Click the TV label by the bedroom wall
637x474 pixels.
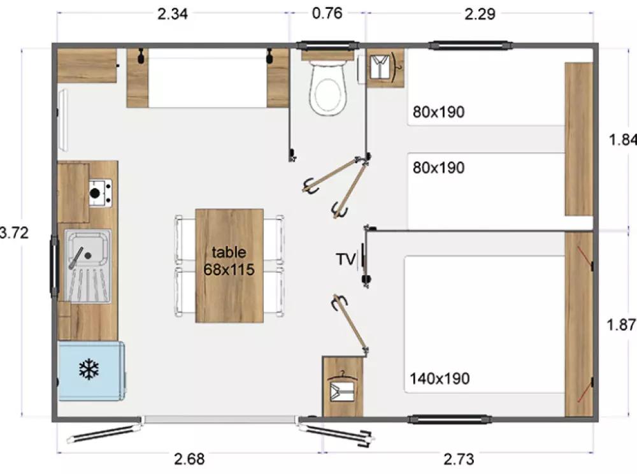point(345,259)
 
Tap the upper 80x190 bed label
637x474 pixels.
point(438,113)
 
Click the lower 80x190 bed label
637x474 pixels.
point(438,168)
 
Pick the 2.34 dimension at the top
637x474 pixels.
point(173,14)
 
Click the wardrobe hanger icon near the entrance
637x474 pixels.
point(343,386)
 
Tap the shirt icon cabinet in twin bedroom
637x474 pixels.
point(385,66)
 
